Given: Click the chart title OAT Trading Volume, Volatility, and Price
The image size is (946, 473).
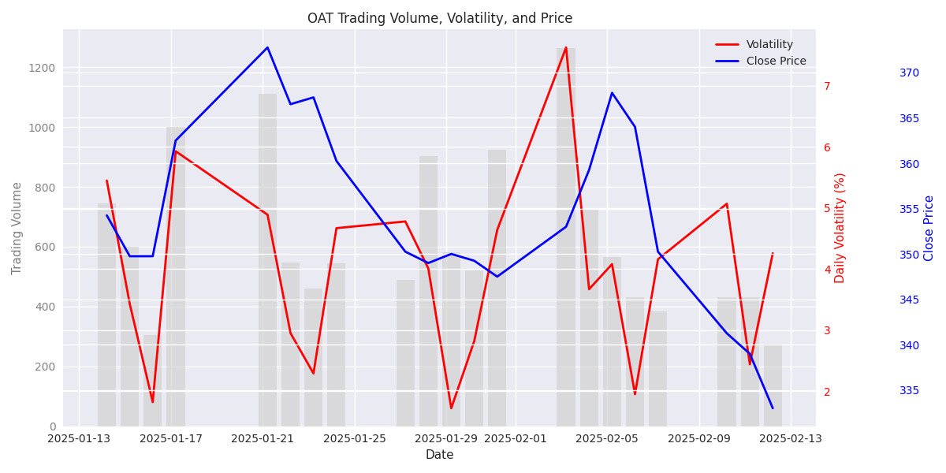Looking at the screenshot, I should [x=440, y=18].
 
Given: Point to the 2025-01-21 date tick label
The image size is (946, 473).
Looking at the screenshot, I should [x=263, y=439].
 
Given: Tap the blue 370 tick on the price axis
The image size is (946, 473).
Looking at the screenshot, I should [x=909, y=73].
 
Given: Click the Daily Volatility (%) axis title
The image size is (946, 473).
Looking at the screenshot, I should [x=840, y=228].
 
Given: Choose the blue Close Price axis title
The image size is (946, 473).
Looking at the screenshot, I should [x=929, y=228].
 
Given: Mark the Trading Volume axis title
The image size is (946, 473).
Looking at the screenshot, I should [x=17, y=228].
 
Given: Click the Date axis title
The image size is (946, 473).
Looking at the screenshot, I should [x=439, y=455].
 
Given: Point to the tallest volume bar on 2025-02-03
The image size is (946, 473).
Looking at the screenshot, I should [x=566, y=236].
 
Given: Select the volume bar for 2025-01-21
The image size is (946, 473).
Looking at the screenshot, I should [x=267, y=260].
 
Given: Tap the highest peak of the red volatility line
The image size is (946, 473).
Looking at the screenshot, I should [x=566, y=48].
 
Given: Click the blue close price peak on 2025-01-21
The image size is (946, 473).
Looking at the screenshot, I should [x=267, y=47].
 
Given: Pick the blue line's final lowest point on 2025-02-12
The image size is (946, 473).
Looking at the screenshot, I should [x=773, y=408].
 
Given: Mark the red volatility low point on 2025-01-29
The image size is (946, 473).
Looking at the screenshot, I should [x=451, y=408].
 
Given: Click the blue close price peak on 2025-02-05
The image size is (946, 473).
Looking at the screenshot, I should [x=612, y=93].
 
